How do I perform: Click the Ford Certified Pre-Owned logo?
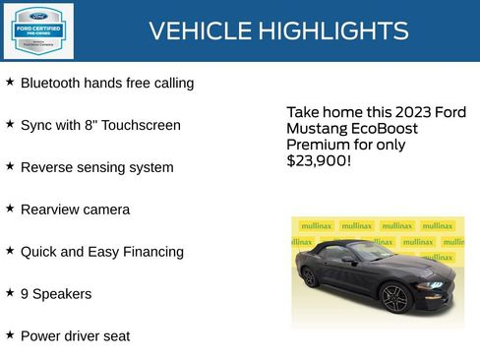pyautogui.click(x=38, y=30)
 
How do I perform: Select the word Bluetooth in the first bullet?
pyautogui.click(x=52, y=84)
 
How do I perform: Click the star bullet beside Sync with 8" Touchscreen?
pyautogui.click(x=10, y=125)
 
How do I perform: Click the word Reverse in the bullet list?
pyautogui.click(x=46, y=168)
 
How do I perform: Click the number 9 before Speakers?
pyautogui.click(x=25, y=294)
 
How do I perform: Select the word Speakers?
pyautogui.click(x=62, y=294)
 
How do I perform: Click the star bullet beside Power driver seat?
pyautogui.click(x=10, y=335)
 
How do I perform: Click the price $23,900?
pyautogui.click(x=318, y=160)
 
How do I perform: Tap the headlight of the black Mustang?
pyautogui.click(x=433, y=284)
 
